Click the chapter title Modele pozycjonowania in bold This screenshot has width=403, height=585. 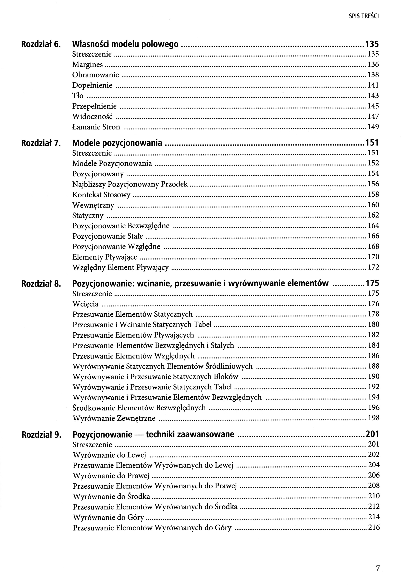(x=117, y=143)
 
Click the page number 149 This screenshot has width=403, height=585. (x=373, y=127)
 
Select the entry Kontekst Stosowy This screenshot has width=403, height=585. (x=101, y=195)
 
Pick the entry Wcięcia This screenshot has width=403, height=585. (x=85, y=304)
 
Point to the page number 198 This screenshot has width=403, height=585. (x=374, y=418)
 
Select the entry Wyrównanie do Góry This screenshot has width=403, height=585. (x=108, y=518)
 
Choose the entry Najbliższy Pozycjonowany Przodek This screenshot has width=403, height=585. (x=130, y=184)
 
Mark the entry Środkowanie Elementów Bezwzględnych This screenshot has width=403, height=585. (x=139, y=408)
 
